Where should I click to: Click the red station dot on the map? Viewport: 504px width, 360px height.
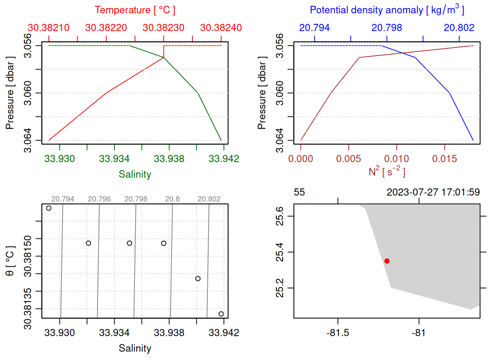387,261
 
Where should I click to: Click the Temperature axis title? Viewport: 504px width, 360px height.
135,10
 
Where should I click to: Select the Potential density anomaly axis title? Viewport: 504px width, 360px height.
387,10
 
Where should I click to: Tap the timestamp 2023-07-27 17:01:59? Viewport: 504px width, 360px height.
433,192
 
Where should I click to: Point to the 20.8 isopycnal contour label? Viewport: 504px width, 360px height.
172,199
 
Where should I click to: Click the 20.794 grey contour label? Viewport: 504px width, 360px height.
63,199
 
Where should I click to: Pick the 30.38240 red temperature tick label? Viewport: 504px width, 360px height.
221,28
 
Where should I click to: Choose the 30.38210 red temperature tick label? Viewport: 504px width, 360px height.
49,28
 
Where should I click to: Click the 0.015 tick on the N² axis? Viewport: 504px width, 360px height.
444,159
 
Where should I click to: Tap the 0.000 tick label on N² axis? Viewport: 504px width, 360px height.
301,159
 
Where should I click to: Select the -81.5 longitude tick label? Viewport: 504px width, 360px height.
338,333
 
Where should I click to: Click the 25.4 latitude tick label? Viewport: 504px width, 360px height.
280,252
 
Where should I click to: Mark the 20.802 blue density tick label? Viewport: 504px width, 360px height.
459,28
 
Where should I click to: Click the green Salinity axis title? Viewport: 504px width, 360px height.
135,174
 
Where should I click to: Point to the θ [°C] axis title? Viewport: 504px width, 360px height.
10,261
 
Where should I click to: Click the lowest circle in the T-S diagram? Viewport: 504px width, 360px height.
221,314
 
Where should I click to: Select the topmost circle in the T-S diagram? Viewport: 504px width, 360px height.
49,208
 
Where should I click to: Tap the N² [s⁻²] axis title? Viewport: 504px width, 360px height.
387,172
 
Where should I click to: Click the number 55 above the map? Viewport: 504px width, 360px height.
299,192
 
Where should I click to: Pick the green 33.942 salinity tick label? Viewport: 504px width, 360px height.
223,159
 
